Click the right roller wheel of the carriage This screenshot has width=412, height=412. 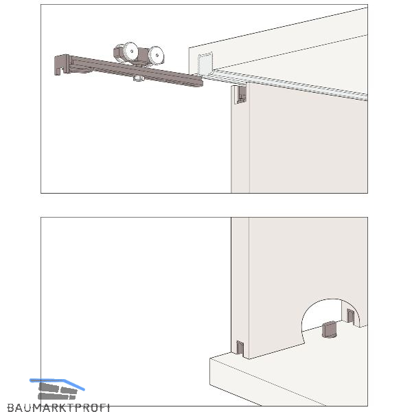pos(156,56)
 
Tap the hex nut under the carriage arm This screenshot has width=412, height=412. pos(137,78)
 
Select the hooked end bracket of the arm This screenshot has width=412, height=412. pos(62,65)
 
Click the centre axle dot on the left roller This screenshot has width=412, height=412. pos(132,51)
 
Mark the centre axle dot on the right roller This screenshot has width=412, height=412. pos(157,56)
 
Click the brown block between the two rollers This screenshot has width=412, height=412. pos(142,56)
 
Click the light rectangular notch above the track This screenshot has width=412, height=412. pos(205,65)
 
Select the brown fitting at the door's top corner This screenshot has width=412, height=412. pos(242,94)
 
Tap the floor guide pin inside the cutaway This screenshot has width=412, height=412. pos(329,329)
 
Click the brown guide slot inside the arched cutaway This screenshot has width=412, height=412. pos(350,316)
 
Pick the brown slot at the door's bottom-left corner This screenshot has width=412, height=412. pos(240,347)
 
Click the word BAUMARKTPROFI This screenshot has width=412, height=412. pos(58,408)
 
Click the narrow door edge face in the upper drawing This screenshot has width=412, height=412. pos(240,139)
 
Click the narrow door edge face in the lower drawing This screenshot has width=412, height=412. pos(240,286)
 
